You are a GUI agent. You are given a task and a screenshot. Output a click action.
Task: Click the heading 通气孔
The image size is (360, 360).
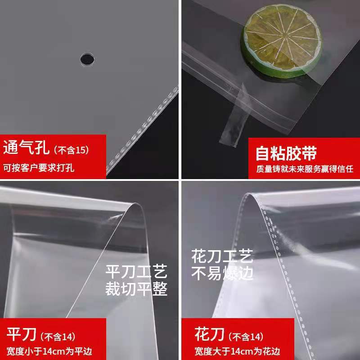pos(27,148)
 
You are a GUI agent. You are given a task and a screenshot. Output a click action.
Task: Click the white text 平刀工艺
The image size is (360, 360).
pos(136,272)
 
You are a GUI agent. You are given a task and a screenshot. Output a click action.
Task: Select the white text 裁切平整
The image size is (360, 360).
pos(136,289)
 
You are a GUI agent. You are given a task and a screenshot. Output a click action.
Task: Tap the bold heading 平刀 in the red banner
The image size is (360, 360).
pos(22,335)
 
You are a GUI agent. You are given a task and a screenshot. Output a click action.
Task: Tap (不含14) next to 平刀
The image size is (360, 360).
pos(58,337)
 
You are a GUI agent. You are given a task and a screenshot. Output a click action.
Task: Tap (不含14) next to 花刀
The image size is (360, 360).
pos(246,337)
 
